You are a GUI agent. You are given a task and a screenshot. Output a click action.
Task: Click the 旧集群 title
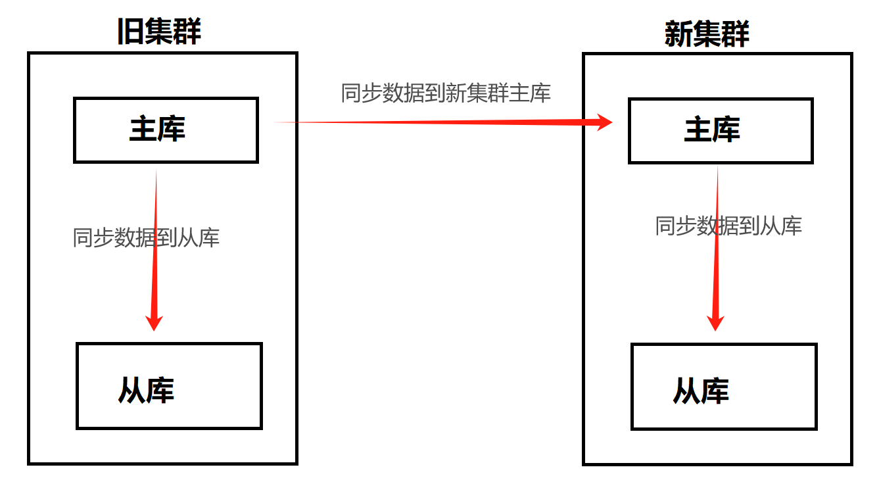point(159,32)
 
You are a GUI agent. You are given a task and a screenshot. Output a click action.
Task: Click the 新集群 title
point(707,34)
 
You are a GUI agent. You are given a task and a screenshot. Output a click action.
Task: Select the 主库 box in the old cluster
point(166,130)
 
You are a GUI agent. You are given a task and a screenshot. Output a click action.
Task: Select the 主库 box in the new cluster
point(721,130)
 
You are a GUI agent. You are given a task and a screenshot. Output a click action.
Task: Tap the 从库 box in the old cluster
point(169,386)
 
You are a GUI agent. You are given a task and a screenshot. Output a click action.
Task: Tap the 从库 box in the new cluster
point(724,387)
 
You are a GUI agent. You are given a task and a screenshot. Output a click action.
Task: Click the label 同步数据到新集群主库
point(446,93)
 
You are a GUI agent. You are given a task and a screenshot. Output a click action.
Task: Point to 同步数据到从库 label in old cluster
point(146,237)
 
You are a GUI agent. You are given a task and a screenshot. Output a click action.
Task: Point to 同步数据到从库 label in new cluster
point(728,226)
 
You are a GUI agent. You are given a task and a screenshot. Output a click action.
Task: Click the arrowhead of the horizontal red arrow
point(604,122)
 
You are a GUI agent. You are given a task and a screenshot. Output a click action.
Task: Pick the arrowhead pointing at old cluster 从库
point(154,322)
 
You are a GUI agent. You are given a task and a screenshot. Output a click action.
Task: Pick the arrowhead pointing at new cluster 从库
point(715,322)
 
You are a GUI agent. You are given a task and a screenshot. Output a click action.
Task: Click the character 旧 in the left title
point(130,32)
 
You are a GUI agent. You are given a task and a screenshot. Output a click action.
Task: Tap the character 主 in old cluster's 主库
point(143,130)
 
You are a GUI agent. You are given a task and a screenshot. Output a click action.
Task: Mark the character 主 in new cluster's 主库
point(698,130)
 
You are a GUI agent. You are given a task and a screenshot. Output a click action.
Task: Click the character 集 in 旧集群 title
point(159,32)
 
